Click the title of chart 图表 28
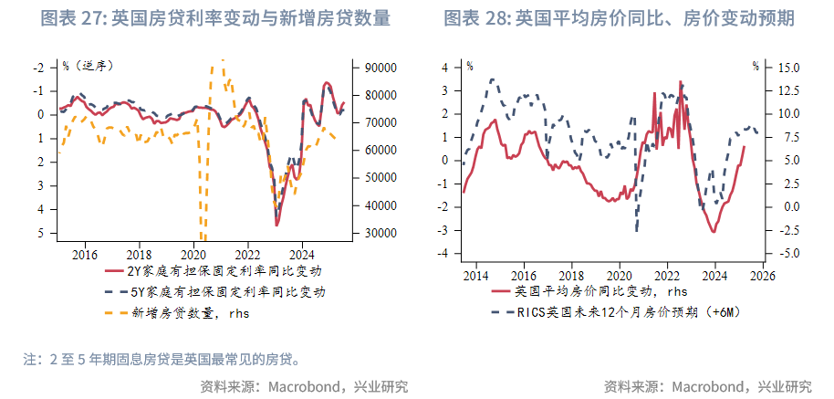(618, 18)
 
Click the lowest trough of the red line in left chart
(276, 225)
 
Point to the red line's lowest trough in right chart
(714, 233)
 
